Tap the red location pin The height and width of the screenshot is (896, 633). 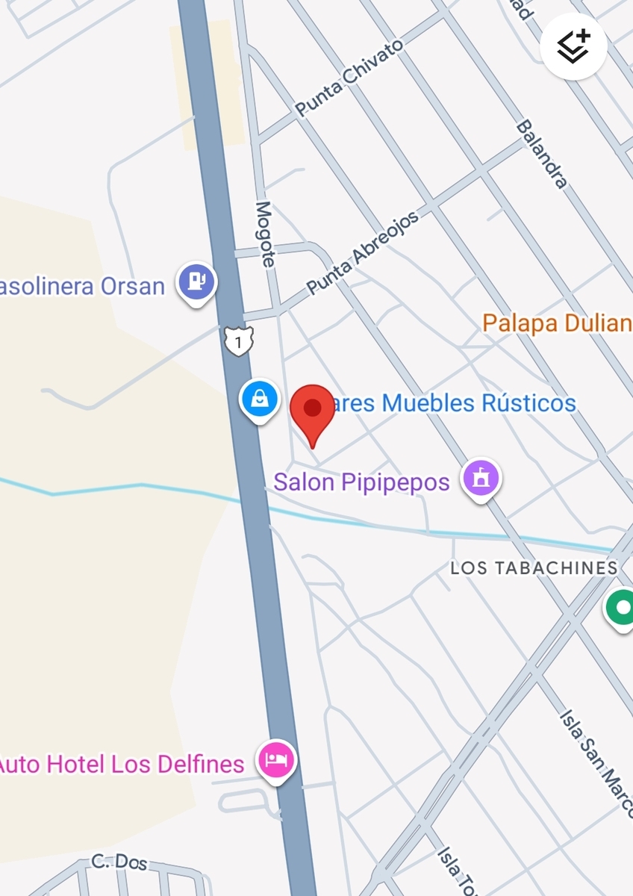tap(312, 410)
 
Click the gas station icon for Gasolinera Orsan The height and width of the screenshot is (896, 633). tap(196, 282)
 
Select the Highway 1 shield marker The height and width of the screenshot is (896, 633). tap(237, 342)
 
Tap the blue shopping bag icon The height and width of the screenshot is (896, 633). tap(259, 399)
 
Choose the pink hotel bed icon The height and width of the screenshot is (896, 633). tap(276, 761)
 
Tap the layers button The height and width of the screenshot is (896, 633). tap(573, 46)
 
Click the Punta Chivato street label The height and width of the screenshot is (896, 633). tap(349, 78)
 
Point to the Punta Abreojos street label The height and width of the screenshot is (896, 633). tap(362, 252)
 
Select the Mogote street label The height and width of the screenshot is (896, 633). tap(265, 234)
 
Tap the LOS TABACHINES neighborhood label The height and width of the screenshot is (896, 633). tap(534, 568)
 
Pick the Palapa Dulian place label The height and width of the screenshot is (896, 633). tap(557, 323)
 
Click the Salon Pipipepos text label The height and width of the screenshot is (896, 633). tap(361, 482)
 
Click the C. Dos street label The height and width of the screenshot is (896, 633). tap(119, 862)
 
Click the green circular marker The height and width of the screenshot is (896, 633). tap(620, 606)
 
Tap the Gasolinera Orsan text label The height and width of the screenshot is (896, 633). tap(81, 286)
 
